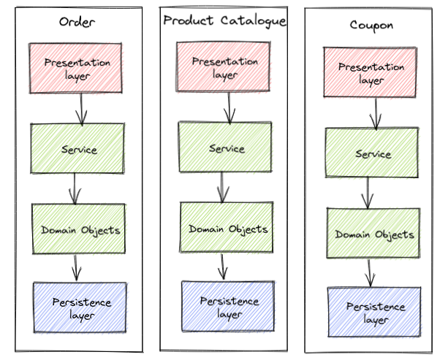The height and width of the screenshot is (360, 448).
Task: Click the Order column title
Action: [x=77, y=22]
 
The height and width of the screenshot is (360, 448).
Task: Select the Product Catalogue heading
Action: [x=224, y=20]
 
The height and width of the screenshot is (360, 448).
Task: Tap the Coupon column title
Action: [x=371, y=26]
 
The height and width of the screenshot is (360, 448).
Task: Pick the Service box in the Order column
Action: [x=77, y=148]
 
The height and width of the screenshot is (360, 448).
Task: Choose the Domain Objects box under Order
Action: [x=79, y=229]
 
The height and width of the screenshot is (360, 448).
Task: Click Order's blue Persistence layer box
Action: [x=80, y=307]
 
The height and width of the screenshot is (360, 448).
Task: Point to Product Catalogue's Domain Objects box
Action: [x=227, y=227]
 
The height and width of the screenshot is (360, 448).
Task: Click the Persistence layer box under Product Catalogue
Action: [x=228, y=307]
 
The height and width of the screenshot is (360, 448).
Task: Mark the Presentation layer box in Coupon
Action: [x=372, y=72]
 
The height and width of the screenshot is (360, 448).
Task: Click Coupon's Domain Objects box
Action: [x=374, y=233]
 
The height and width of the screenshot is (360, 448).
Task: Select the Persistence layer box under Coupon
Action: [x=375, y=312]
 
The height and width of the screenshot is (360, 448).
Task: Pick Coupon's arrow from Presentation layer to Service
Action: [x=377, y=112]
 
